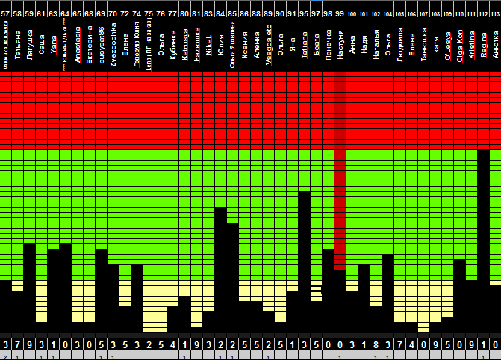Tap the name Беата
pyautogui.click(x=317, y=38)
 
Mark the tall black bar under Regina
pyautogui.click(x=483, y=239)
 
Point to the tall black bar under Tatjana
pyautogui.click(x=305, y=261)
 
